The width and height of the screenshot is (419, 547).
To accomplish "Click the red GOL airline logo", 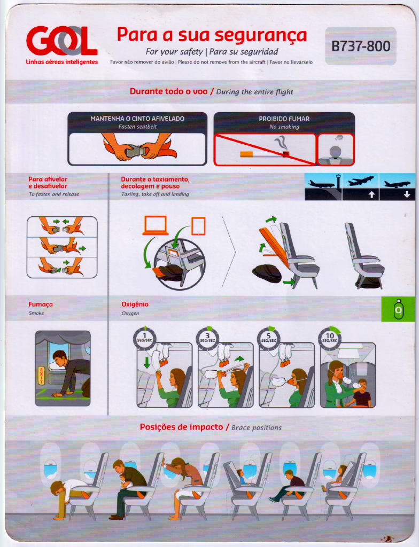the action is [x=61, y=41].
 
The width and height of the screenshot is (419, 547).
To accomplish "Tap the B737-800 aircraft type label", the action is [x=361, y=46].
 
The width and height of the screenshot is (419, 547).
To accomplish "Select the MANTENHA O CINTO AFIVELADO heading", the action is [x=137, y=119].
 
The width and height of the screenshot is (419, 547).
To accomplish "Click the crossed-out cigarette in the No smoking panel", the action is [x=265, y=153].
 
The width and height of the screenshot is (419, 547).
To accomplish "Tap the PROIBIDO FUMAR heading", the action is [x=284, y=119].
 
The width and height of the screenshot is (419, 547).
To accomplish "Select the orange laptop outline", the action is [x=156, y=225].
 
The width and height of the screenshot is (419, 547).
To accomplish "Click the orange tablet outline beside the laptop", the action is [x=198, y=226].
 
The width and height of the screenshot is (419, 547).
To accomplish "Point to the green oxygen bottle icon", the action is [x=398, y=309].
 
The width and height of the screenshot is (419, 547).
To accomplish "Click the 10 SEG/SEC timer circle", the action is [x=330, y=338].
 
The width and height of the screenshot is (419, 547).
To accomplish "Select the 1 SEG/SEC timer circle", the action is [x=144, y=338].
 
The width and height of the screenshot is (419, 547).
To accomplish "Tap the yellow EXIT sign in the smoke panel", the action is [x=41, y=376].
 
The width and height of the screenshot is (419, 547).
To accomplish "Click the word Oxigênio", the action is [x=135, y=304].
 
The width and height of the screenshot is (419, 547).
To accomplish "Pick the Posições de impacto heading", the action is [x=181, y=427].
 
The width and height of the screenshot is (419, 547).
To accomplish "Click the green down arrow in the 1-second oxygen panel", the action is [x=147, y=362].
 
